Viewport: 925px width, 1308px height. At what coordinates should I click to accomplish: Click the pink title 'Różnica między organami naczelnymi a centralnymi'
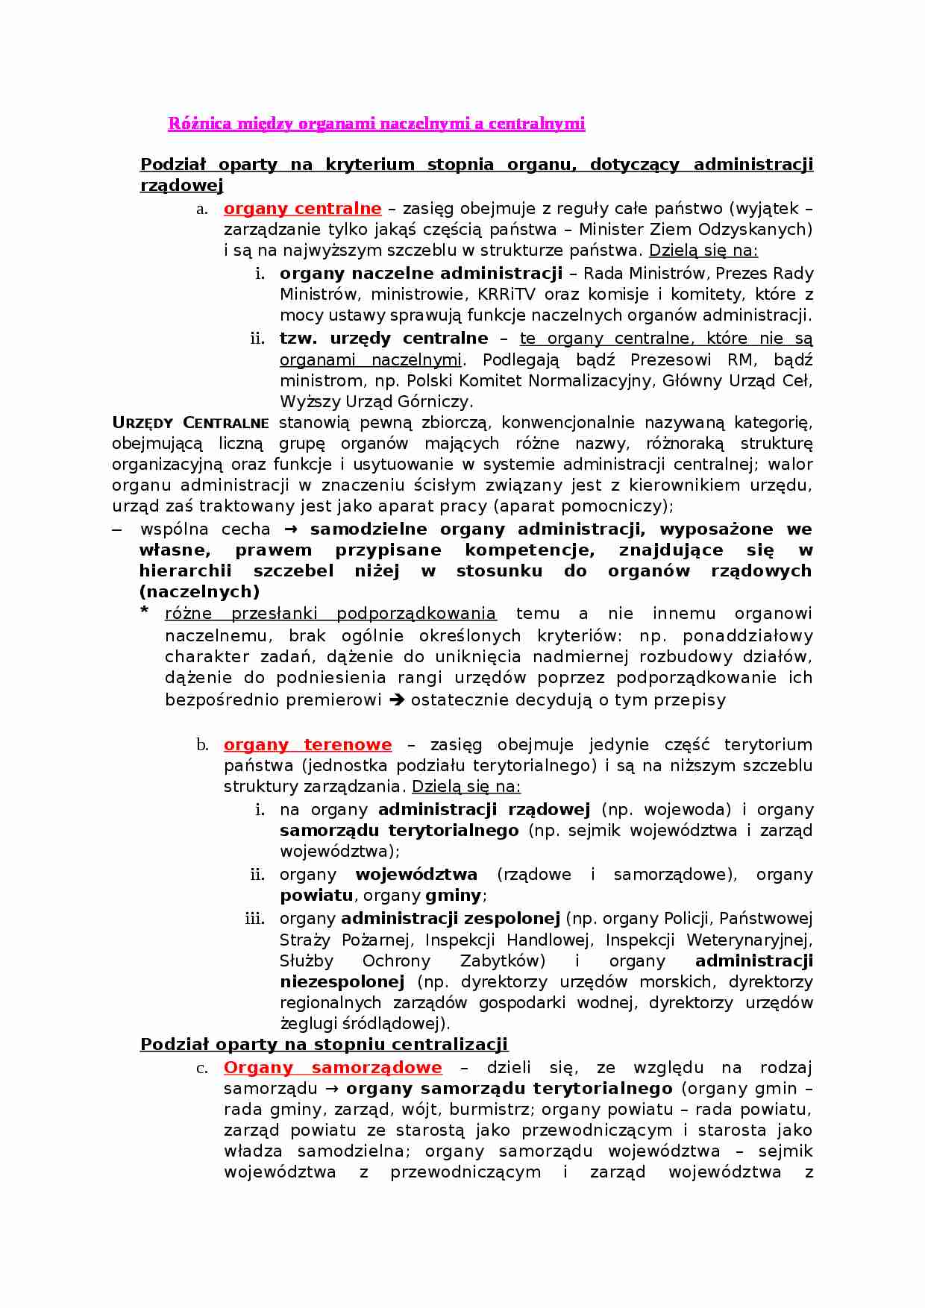(376, 124)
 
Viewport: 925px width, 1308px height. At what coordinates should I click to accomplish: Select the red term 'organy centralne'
(302, 209)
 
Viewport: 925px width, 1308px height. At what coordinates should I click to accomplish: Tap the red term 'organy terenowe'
(307, 745)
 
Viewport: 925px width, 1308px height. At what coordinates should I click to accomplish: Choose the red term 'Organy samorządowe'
(333, 1068)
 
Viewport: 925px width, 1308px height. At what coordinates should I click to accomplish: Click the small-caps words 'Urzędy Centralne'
(190, 423)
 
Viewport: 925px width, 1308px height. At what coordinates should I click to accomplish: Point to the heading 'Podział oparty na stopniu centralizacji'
(324, 1044)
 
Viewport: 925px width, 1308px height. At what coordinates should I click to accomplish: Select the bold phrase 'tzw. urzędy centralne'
(383, 339)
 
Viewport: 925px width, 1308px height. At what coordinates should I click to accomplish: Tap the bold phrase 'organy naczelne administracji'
(421, 274)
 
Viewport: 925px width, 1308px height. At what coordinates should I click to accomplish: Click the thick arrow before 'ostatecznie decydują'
(398, 700)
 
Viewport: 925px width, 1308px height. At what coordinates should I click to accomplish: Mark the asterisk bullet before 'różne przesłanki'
(145, 611)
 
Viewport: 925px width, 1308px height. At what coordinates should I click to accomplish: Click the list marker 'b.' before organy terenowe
(202, 745)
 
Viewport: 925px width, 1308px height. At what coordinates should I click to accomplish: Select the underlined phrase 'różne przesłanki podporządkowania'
(330, 614)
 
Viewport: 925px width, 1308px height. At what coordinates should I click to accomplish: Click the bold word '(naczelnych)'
(199, 592)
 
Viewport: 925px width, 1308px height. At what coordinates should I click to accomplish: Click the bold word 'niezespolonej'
(342, 981)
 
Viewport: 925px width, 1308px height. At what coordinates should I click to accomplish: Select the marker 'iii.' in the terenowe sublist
(254, 919)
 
